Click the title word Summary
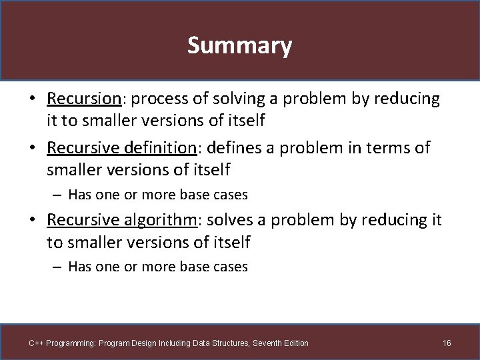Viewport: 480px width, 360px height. pos(239,46)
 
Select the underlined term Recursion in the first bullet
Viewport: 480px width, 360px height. pos(83,99)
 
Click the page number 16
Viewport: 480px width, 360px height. pos(447,343)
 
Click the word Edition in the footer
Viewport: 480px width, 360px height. pos(295,343)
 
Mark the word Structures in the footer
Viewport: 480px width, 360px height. pos(225,343)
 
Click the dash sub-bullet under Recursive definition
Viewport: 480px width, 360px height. pos(58,195)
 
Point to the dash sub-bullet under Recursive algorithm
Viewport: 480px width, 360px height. pos(58,267)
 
